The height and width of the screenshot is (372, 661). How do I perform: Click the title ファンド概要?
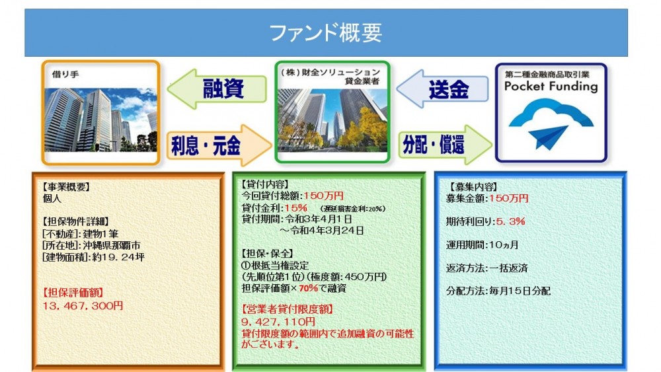[x=325, y=33]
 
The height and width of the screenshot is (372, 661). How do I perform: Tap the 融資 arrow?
[x=217, y=89]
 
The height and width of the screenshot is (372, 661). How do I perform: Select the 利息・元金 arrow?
[x=219, y=145]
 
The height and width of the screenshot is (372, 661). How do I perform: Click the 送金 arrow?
[x=442, y=89]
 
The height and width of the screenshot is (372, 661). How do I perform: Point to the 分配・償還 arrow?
[x=445, y=145]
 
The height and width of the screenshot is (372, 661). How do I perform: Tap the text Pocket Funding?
[x=551, y=87]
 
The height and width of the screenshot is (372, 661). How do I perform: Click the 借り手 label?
[x=65, y=74]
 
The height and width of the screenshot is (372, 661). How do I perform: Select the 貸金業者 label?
[x=362, y=81]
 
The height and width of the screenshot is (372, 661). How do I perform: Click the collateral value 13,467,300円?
[x=83, y=305]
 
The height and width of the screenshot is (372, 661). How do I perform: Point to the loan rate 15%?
[x=296, y=207]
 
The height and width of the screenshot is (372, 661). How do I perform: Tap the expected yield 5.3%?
[x=510, y=221]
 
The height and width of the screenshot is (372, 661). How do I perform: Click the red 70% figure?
[x=308, y=288]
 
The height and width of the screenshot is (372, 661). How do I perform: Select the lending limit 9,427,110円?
[x=278, y=321]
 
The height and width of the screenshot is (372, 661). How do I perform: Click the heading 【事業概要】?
[x=65, y=186]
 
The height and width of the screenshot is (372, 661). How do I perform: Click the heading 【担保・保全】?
[x=267, y=254]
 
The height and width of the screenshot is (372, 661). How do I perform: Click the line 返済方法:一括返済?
[x=487, y=268]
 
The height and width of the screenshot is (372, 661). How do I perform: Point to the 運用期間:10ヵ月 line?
[x=483, y=244]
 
